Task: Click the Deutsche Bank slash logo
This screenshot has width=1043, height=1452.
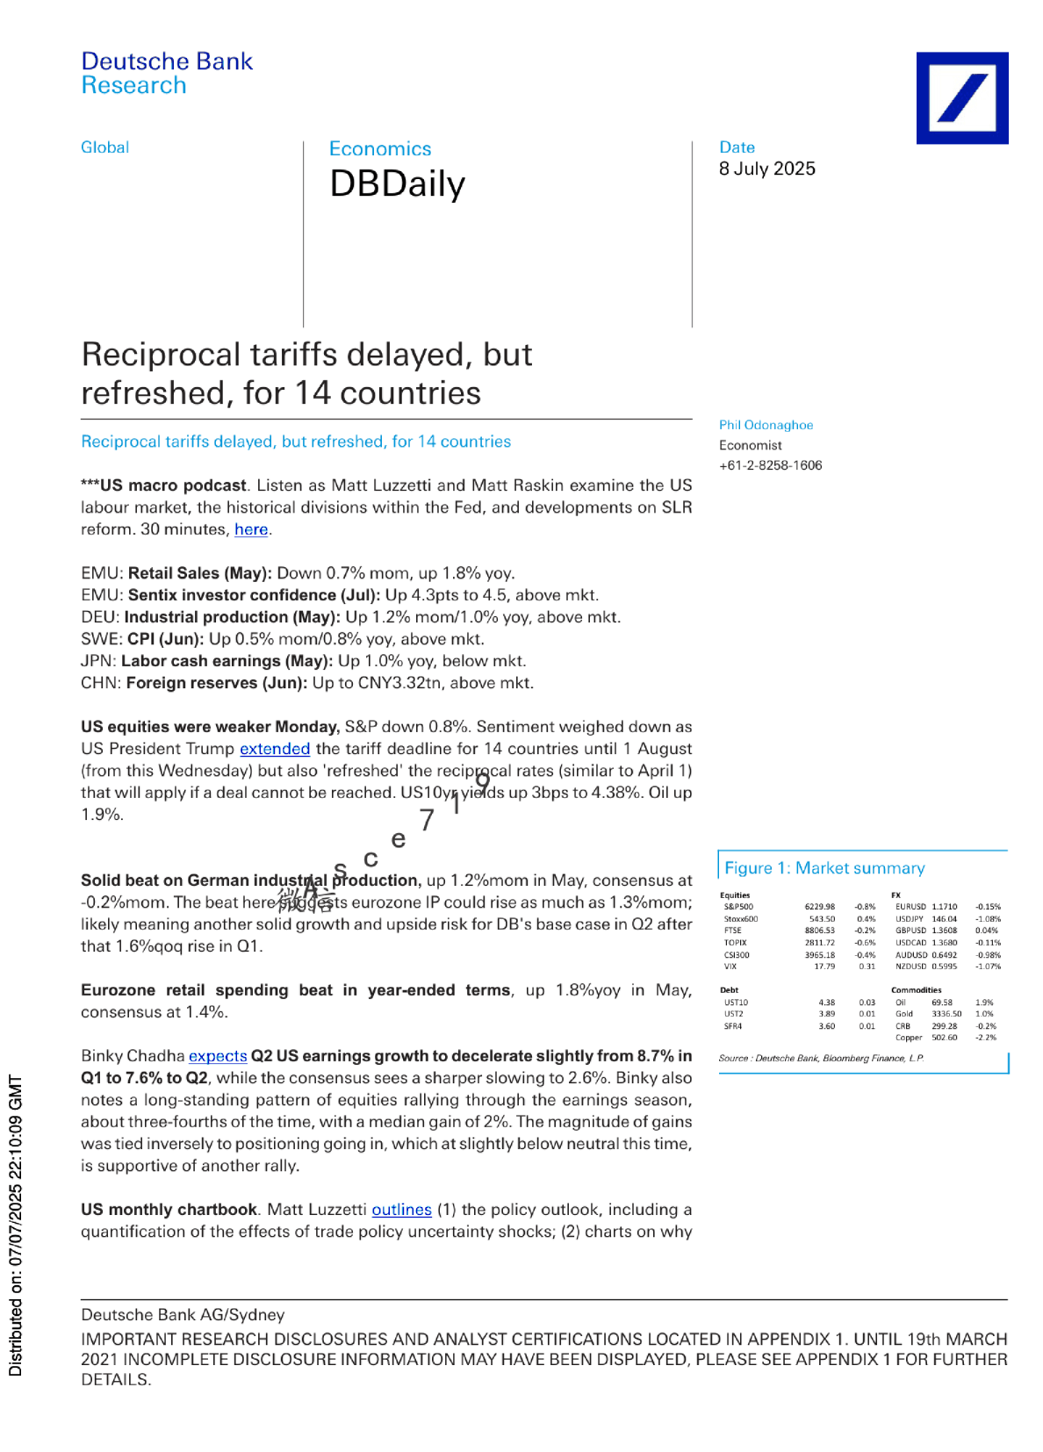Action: click(x=961, y=97)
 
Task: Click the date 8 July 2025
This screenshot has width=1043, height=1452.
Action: click(x=766, y=169)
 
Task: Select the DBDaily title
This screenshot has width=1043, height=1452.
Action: click(x=397, y=184)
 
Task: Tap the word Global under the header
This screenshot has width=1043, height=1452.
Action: click(x=104, y=147)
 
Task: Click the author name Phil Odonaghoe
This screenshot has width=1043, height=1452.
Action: click(x=766, y=425)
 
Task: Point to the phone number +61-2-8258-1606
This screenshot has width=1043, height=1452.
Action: click(x=770, y=465)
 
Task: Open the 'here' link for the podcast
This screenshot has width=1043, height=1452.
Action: click(x=251, y=529)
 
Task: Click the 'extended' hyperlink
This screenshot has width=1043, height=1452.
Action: click(x=275, y=749)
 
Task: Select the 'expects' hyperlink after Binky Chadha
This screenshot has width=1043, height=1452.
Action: click(x=218, y=1056)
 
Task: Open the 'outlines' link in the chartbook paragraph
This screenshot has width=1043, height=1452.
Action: click(x=401, y=1210)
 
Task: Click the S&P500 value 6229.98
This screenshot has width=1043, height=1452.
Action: click(x=819, y=907)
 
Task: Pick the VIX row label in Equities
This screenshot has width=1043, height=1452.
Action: click(x=730, y=967)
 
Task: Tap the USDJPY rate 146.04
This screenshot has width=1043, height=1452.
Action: click(x=944, y=919)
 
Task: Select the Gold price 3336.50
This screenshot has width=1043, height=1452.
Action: click(x=946, y=1014)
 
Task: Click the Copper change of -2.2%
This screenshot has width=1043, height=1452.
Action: click(x=986, y=1038)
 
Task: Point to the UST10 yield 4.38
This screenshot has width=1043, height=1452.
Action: click(x=826, y=1003)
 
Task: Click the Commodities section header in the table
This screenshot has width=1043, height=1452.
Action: click(x=916, y=990)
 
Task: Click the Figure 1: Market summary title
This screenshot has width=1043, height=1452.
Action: click(x=824, y=868)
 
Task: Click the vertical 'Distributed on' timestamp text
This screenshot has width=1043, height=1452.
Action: click(x=16, y=1225)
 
